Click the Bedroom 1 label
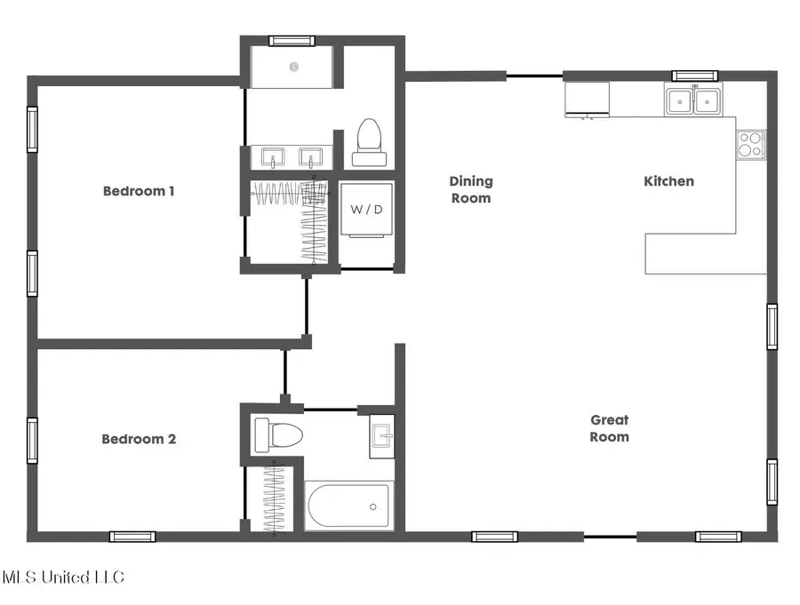pos(139,190)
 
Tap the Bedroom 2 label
pos(139,439)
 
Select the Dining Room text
pos(471,189)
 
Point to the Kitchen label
pos(668,181)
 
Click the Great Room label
pos(610,428)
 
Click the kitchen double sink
pos(694,100)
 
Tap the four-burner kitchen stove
pos(750,144)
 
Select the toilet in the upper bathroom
pos(369,144)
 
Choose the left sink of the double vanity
pos(270,157)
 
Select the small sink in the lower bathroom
pos(382,435)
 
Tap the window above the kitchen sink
pos(694,76)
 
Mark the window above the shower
pos(292,40)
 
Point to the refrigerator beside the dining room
pos(587,100)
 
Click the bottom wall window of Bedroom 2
pos(132,537)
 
